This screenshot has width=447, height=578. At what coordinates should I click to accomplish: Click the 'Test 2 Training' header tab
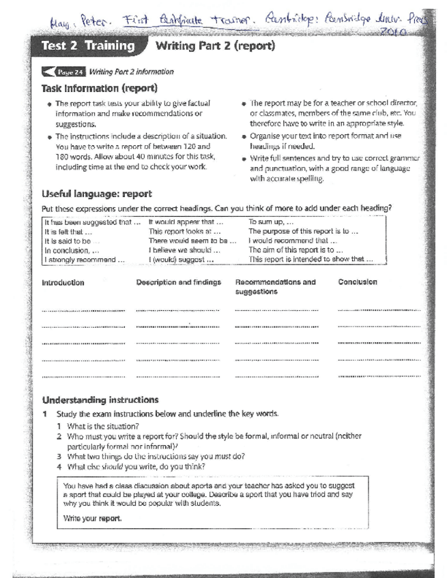87,47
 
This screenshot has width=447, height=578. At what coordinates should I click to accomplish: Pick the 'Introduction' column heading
63,282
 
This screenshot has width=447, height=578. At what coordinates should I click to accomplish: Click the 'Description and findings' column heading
178,282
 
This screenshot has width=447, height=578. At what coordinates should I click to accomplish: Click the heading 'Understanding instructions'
100,399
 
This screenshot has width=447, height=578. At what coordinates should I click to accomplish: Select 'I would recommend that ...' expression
293,241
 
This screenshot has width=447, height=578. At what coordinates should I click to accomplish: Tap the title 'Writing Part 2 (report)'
215,47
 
